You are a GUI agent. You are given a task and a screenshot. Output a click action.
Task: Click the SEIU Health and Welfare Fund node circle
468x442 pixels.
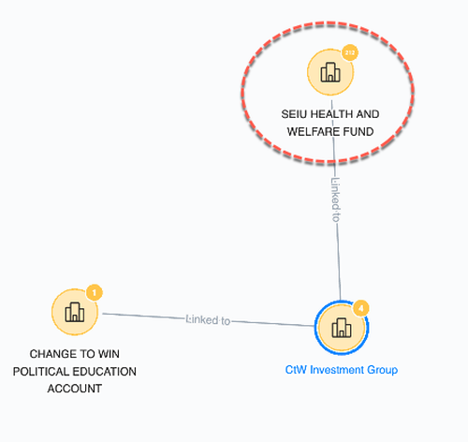coord(330,72)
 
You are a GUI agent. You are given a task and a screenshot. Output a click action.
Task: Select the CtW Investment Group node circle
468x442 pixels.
coord(342,328)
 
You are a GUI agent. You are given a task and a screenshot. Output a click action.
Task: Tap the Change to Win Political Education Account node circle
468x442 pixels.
coord(75,312)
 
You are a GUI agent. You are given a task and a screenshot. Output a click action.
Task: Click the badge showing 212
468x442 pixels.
coord(350,52)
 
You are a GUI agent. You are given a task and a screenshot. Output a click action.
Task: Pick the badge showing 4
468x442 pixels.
coord(361,308)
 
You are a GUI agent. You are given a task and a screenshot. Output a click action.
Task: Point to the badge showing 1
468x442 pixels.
coord(95,293)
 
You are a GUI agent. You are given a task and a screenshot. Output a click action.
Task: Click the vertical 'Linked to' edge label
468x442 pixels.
coord(335,199)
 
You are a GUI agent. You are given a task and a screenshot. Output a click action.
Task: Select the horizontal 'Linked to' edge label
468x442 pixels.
coord(208,320)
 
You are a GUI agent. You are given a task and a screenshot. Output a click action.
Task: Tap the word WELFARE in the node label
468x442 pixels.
coord(313,132)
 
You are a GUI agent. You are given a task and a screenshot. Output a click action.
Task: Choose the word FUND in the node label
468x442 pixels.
coord(358,132)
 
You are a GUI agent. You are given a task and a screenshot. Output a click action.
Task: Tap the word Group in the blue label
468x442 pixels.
coord(383,370)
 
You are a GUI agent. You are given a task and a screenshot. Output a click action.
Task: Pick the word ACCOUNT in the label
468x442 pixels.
coord(75,389)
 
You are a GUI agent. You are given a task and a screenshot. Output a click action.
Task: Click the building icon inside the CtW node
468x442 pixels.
coord(342,328)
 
